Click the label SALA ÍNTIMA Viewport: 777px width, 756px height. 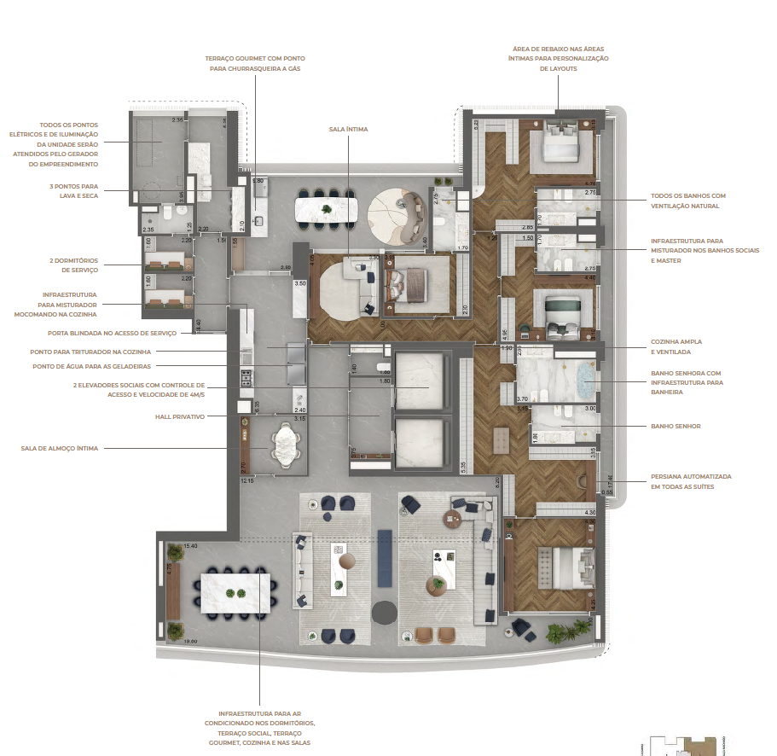pyautogui.click(x=348, y=130)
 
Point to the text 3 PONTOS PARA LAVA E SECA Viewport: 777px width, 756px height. pyautogui.click(x=72, y=190)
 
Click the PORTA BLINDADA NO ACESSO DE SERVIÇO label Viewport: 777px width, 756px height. pyautogui.click(x=125, y=333)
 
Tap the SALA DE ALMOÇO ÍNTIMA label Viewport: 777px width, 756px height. pyautogui.click(x=60, y=447)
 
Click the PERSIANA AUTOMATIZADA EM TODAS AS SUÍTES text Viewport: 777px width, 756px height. pyautogui.click(x=691, y=480)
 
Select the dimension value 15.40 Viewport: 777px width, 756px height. pyautogui.click(x=190, y=545)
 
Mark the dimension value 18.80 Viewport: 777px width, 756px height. pyautogui.click(x=190, y=641)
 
